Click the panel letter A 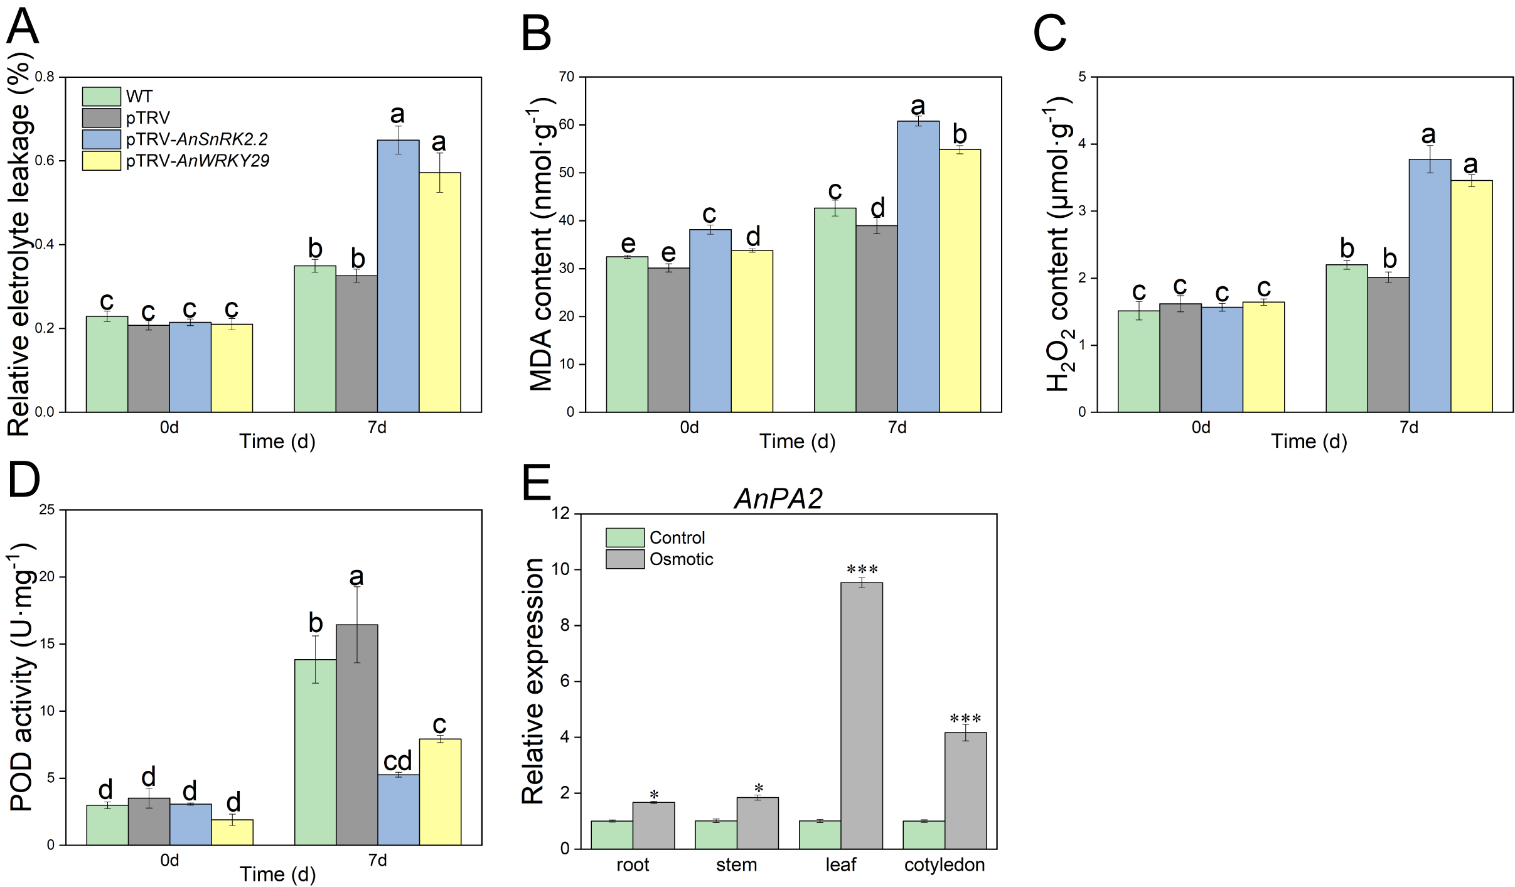pyautogui.click(x=23, y=26)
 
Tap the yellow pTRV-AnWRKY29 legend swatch pyautogui.click(x=101, y=161)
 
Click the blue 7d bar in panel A pyautogui.click(x=398, y=276)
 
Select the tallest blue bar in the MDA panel pyautogui.click(x=918, y=267)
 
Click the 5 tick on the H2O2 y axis pyautogui.click(x=1083, y=77)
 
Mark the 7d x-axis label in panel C pyautogui.click(x=1408, y=427)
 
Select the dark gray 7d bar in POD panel pyautogui.click(x=356, y=734)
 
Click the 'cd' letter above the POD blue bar pyautogui.click(x=398, y=761)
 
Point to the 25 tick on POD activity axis pyautogui.click(x=47, y=510)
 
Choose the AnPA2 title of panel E pyautogui.click(x=778, y=499)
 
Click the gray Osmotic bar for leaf pyautogui.click(x=861, y=716)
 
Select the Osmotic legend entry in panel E pyautogui.click(x=681, y=559)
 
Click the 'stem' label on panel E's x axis pyautogui.click(x=736, y=865)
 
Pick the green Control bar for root pyautogui.click(x=612, y=834)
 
